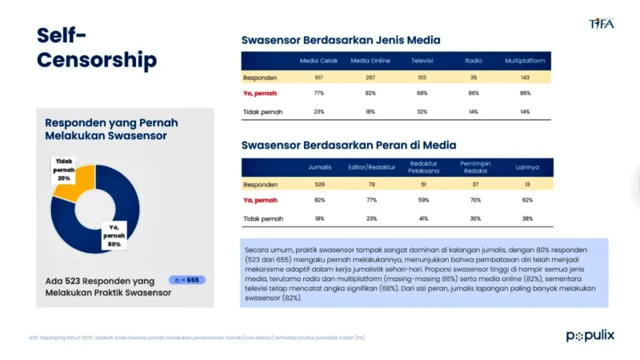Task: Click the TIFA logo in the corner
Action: coord(601,22)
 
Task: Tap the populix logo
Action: coord(590,335)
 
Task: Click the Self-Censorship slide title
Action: coord(97,47)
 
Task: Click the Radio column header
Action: coord(474,61)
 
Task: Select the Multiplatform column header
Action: coord(525,61)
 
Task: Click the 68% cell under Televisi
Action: coord(422,94)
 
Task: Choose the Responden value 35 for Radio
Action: coord(474,78)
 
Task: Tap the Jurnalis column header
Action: coord(320,167)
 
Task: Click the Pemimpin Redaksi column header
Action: coord(475,166)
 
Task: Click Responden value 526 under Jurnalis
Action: coord(320,184)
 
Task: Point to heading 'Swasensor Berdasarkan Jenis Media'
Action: coord(341,40)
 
